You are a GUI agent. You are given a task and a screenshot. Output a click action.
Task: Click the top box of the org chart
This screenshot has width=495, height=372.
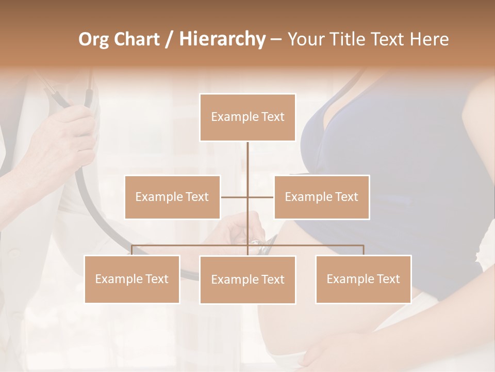coord(247,117)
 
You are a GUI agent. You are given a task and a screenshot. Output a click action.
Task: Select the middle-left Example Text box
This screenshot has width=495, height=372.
coord(172,197)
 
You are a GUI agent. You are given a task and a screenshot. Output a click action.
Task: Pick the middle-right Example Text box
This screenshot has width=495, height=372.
coord(321,197)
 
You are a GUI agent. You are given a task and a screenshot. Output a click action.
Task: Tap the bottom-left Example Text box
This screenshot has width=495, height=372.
coord(131,279)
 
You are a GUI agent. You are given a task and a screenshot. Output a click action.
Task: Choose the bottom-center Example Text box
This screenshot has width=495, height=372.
coord(247,280)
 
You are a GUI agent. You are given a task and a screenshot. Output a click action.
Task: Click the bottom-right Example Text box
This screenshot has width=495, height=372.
coord(363,279)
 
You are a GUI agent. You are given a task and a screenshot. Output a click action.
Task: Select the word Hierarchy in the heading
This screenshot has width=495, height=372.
coord(222,39)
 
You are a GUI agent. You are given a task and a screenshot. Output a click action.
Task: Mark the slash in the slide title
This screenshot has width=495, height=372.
coord(169,39)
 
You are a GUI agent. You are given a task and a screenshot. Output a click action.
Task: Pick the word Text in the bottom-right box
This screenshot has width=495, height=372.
coord(387,279)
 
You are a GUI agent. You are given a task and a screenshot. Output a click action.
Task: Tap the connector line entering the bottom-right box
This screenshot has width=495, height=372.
coord(363,250)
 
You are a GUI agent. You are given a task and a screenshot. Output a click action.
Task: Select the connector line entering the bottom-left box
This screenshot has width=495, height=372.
coord(131,250)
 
